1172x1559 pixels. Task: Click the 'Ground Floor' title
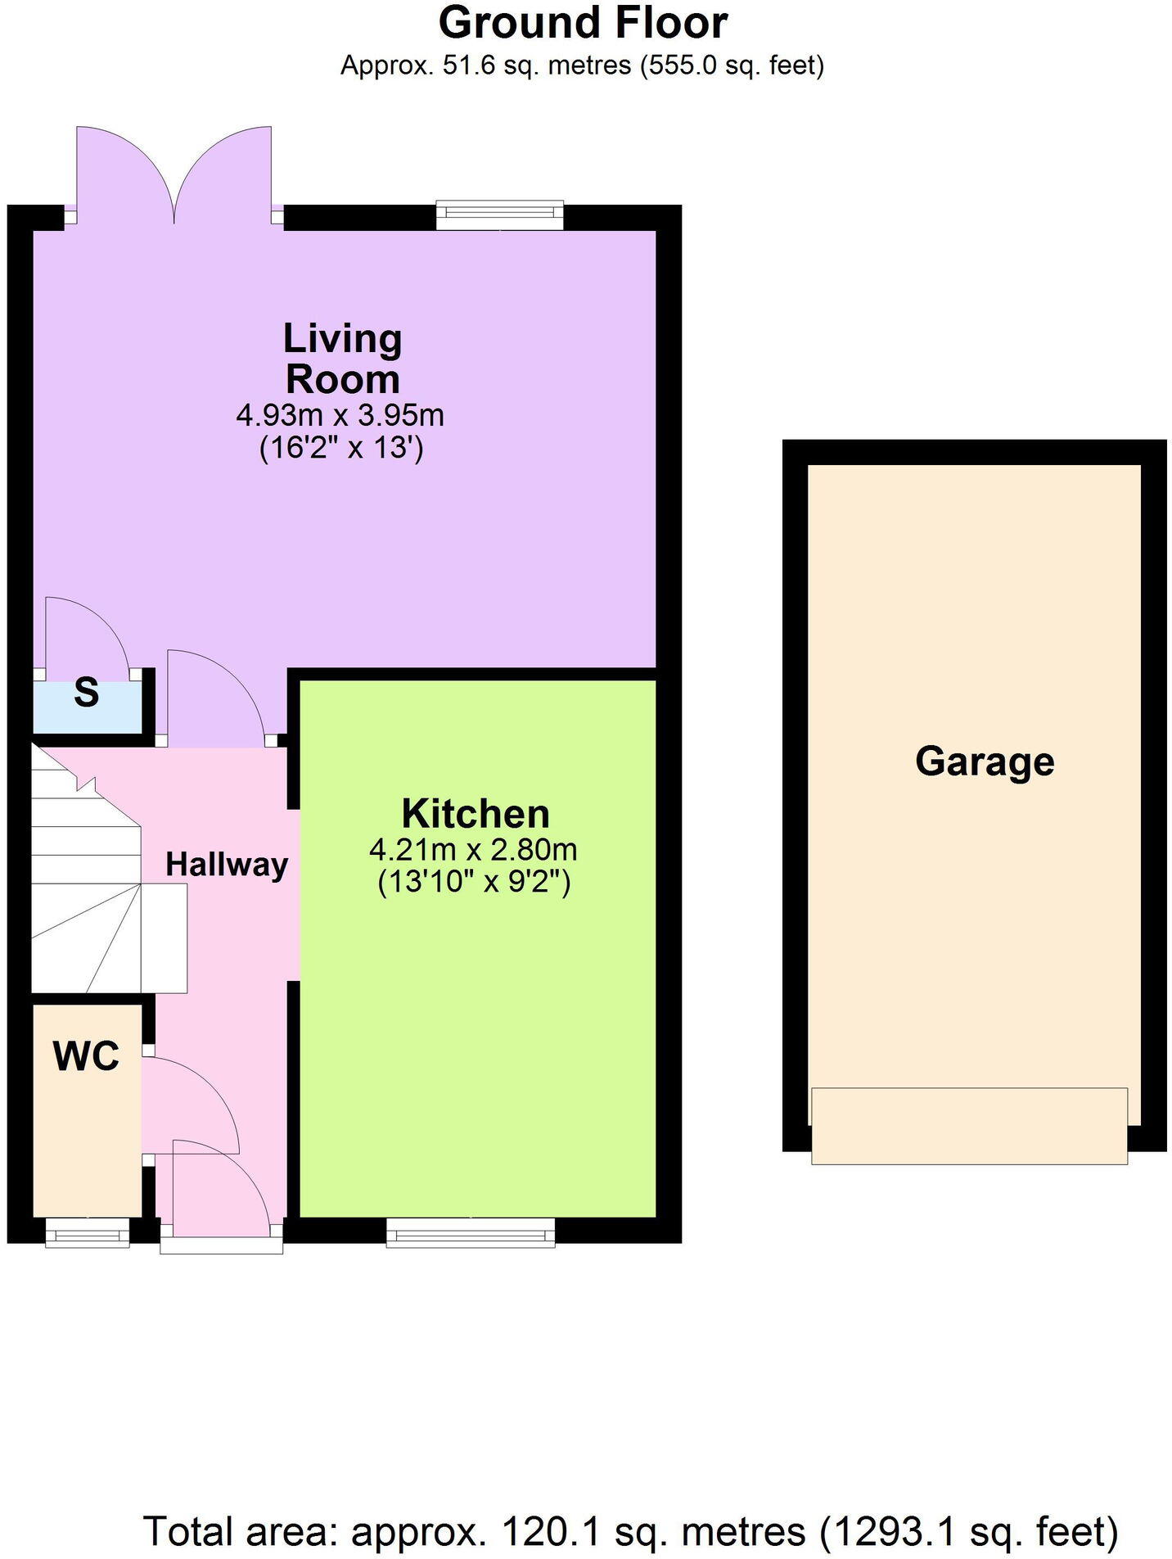point(583,23)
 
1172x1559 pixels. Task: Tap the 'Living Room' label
point(342,359)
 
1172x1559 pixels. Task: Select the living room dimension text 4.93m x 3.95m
point(340,415)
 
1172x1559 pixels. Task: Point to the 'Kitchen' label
point(476,814)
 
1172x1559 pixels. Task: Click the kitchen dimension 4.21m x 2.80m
point(473,849)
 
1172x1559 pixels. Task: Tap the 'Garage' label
point(984,761)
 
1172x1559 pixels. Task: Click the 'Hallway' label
point(227,864)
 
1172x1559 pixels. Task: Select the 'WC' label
point(86,1055)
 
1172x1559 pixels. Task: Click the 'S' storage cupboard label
point(86,693)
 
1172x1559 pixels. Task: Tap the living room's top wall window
point(499,216)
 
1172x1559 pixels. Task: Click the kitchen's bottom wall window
point(470,1231)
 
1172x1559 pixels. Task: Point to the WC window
point(87,1231)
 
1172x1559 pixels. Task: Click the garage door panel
point(969,1125)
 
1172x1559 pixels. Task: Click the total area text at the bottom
point(630,1530)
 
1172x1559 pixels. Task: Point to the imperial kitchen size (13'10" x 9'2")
point(473,883)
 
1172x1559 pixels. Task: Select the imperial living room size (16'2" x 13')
point(340,448)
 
